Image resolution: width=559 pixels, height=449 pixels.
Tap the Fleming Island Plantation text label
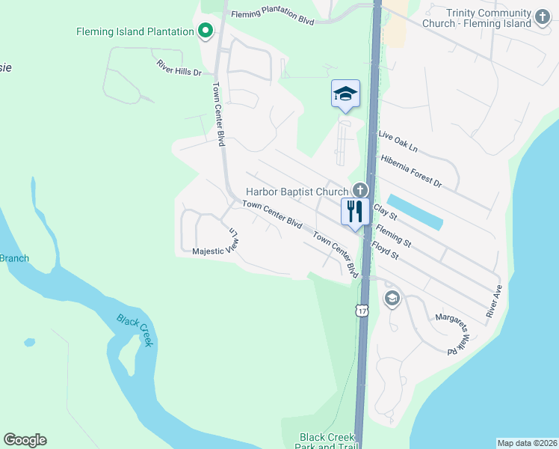pyautogui.click(x=135, y=31)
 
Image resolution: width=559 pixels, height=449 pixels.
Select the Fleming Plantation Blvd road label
pyautogui.click(x=272, y=17)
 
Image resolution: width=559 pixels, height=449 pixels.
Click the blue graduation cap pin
pyautogui.click(x=345, y=94)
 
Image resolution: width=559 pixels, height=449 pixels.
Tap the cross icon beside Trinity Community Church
pyautogui.click(x=543, y=15)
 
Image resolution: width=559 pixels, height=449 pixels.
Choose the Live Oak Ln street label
pyautogui.click(x=398, y=143)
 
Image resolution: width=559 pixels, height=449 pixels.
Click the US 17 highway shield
pyautogui.click(x=362, y=310)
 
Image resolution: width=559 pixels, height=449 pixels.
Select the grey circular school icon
pyautogui.click(x=392, y=299)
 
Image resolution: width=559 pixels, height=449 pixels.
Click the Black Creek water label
pyautogui.click(x=135, y=330)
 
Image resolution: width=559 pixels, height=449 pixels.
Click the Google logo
pyautogui.click(x=25, y=440)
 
